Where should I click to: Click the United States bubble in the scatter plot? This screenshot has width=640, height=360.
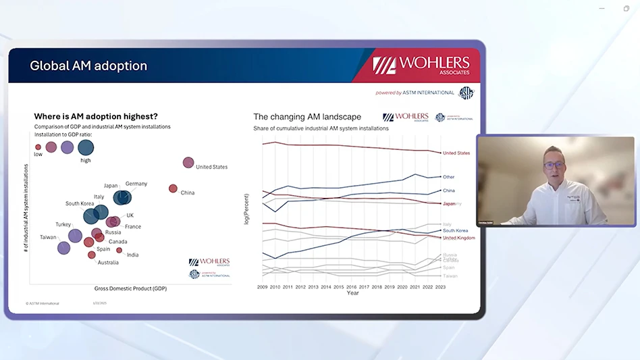click(188, 162)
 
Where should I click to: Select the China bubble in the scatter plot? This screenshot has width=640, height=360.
click(173, 188)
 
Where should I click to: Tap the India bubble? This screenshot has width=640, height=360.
click(119, 250)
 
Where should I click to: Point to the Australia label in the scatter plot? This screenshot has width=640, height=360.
click(108, 263)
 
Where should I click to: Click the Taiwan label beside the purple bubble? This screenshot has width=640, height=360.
click(48, 237)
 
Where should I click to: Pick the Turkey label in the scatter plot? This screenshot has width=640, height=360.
click(63, 224)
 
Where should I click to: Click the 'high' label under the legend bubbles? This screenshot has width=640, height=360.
click(86, 161)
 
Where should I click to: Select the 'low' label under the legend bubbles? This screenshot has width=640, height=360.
click(38, 155)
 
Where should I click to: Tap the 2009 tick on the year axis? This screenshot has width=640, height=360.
click(263, 287)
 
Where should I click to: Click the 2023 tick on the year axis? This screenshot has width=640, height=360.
click(440, 287)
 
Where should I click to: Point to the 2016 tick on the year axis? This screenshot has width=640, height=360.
click(352, 287)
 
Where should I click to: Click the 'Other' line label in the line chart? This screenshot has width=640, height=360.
click(448, 177)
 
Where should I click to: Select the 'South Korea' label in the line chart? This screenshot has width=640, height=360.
click(455, 231)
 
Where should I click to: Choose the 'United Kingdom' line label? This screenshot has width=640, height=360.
click(458, 238)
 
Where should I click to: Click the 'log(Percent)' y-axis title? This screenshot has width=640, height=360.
click(246, 209)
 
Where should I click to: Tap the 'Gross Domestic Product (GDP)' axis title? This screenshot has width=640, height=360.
click(131, 288)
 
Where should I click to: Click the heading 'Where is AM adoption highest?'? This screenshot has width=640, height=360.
click(96, 116)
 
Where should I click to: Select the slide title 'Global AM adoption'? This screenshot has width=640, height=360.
click(88, 66)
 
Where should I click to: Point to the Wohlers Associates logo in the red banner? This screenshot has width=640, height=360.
click(425, 65)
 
